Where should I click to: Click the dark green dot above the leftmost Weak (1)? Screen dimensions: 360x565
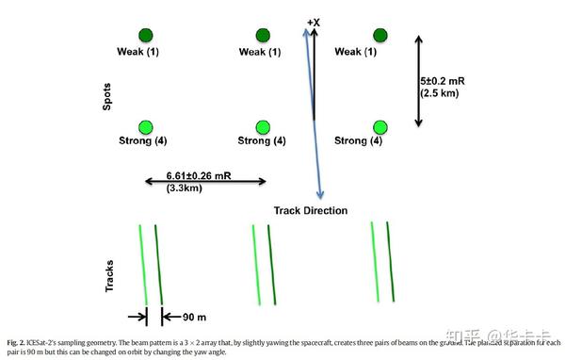(x=144, y=35)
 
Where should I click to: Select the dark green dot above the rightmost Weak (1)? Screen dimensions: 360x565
(x=381, y=35)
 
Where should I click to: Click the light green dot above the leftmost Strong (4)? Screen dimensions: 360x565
(x=144, y=126)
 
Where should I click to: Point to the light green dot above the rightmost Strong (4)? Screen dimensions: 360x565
(x=381, y=126)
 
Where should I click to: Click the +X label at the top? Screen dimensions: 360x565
(x=314, y=20)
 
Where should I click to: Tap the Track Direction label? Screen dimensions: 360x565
(x=311, y=210)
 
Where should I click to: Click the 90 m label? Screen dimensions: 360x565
(x=195, y=316)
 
